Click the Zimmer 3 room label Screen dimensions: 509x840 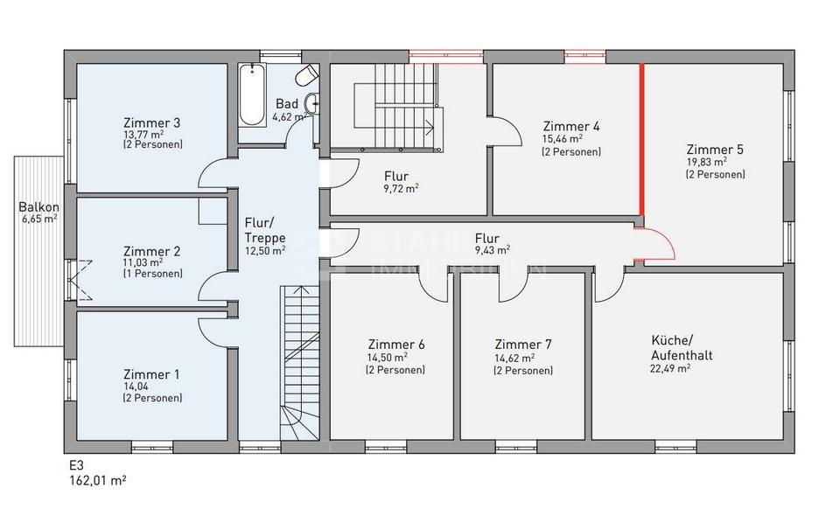(x=152, y=122)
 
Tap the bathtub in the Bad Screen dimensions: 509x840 (x=252, y=96)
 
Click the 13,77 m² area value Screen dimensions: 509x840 (x=144, y=135)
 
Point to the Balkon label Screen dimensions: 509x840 (x=39, y=207)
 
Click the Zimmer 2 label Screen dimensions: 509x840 (x=151, y=251)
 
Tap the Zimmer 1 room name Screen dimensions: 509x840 (x=151, y=374)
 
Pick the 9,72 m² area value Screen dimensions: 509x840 (x=401, y=187)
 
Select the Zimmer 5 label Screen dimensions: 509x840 (x=715, y=150)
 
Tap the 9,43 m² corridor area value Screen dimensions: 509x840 (x=491, y=249)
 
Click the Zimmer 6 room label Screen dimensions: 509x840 (x=396, y=345)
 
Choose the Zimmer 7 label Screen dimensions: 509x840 (x=522, y=345)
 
